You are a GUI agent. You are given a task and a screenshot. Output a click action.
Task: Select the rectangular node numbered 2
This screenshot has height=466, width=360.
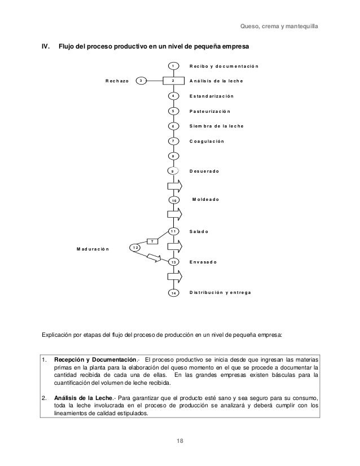click(x=174, y=81)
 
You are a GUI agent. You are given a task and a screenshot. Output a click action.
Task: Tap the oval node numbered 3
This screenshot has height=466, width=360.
click(x=142, y=81)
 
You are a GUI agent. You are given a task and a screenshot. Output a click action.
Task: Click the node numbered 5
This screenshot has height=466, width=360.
click(x=174, y=112)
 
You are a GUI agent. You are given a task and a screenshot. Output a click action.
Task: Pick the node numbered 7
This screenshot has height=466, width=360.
click(x=174, y=141)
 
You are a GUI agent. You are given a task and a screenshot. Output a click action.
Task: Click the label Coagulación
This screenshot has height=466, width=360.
click(x=207, y=141)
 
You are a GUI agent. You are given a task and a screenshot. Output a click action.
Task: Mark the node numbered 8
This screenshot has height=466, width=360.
click(x=174, y=156)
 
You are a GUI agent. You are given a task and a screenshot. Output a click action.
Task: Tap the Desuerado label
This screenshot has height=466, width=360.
click(x=204, y=170)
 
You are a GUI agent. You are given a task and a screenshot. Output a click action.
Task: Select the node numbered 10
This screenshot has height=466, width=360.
click(x=174, y=200)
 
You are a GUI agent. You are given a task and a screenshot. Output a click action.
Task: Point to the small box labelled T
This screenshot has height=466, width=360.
click(x=152, y=241)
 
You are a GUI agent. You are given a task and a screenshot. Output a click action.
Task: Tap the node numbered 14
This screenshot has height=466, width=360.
click(x=174, y=293)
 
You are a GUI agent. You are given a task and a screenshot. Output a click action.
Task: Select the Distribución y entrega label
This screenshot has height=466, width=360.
click(x=221, y=293)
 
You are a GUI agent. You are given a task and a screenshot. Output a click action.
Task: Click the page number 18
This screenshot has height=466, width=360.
click(x=180, y=440)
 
